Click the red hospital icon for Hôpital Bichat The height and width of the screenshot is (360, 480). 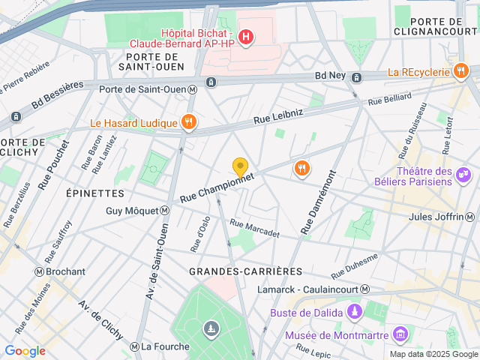[x=245, y=36]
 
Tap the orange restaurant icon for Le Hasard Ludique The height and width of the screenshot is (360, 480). [x=190, y=122]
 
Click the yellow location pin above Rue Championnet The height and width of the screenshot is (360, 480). [x=240, y=167]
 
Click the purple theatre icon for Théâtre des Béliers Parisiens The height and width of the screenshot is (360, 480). [x=464, y=175]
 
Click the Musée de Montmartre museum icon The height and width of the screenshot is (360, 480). [x=400, y=332]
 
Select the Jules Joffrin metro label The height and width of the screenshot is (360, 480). [x=440, y=217]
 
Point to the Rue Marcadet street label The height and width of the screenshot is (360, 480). [x=254, y=229]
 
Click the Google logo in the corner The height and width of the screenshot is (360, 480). [x=25, y=351]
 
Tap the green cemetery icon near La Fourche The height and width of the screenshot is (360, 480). [x=212, y=328]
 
